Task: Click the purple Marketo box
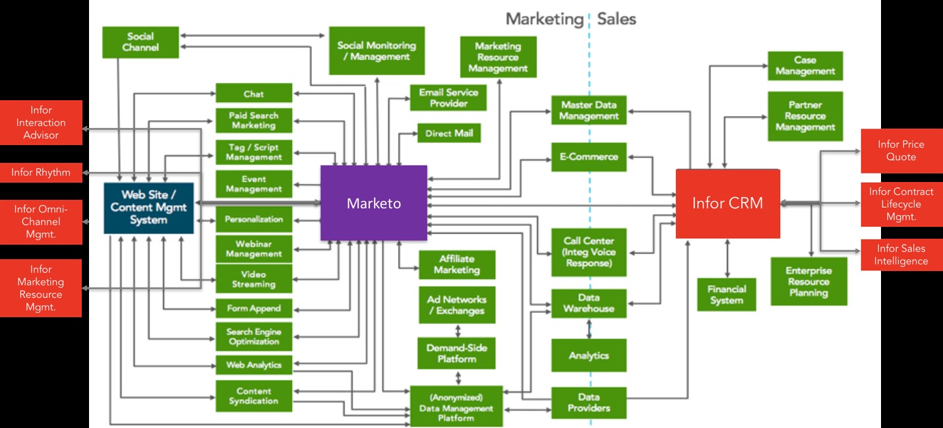tap(374, 202)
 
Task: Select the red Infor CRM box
tap(727, 203)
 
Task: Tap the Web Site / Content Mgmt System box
tap(148, 208)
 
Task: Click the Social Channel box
tap(140, 42)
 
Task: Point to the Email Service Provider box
tap(448, 98)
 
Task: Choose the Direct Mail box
tap(448, 133)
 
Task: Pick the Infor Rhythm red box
tap(41, 173)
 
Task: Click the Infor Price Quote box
tap(901, 150)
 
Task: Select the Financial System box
tap(727, 294)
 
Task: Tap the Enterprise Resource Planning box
tap(808, 281)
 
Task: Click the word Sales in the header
tap(617, 19)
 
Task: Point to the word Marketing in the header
tap(545, 19)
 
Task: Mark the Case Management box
tap(805, 65)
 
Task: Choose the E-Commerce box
tap(589, 157)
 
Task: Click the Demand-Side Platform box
tap(456, 353)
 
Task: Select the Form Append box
tap(254, 308)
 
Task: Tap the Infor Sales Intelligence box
tap(901, 255)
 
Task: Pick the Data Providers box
tap(588, 402)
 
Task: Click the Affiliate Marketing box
tap(456, 264)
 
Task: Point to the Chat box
tap(254, 94)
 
